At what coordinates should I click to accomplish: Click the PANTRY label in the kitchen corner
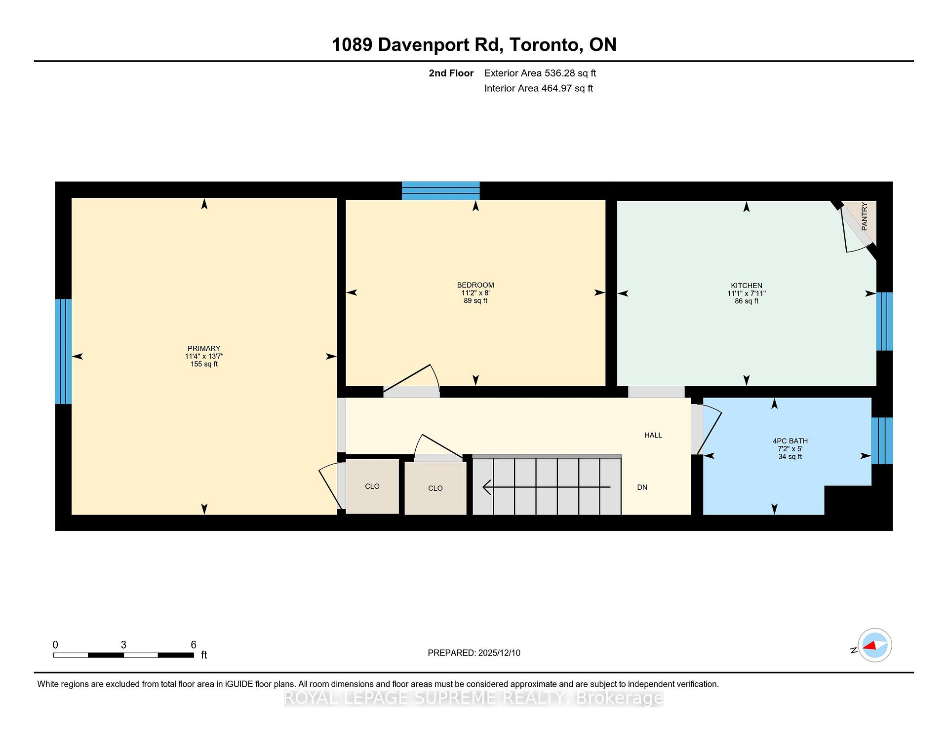tap(864, 217)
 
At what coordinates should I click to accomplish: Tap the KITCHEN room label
tap(746, 285)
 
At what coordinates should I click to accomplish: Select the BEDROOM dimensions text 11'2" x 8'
tap(475, 293)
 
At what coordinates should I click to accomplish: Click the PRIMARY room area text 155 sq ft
tap(204, 364)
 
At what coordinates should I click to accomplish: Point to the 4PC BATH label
tap(790, 441)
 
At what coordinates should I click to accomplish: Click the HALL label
tap(653, 435)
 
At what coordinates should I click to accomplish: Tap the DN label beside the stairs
tap(642, 487)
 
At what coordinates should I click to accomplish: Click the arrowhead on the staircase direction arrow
tap(487, 487)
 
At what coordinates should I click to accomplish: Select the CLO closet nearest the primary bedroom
tap(372, 486)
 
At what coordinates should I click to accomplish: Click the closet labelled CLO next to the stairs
tap(435, 488)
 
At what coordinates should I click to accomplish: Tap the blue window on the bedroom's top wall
tap(440, 191)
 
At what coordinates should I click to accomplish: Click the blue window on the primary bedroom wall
tap(63, 351)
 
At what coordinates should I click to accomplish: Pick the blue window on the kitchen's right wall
tap(884, 321)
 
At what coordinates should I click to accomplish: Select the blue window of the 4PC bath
tap(882, 441)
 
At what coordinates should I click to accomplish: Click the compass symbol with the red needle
tap(874, 645)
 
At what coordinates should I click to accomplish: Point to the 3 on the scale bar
tap(123, 645)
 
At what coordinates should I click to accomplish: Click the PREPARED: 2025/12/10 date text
tap(474, 653)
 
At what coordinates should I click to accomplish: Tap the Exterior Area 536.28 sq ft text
tap(540, 73)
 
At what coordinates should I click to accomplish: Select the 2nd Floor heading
tap(451, 73)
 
